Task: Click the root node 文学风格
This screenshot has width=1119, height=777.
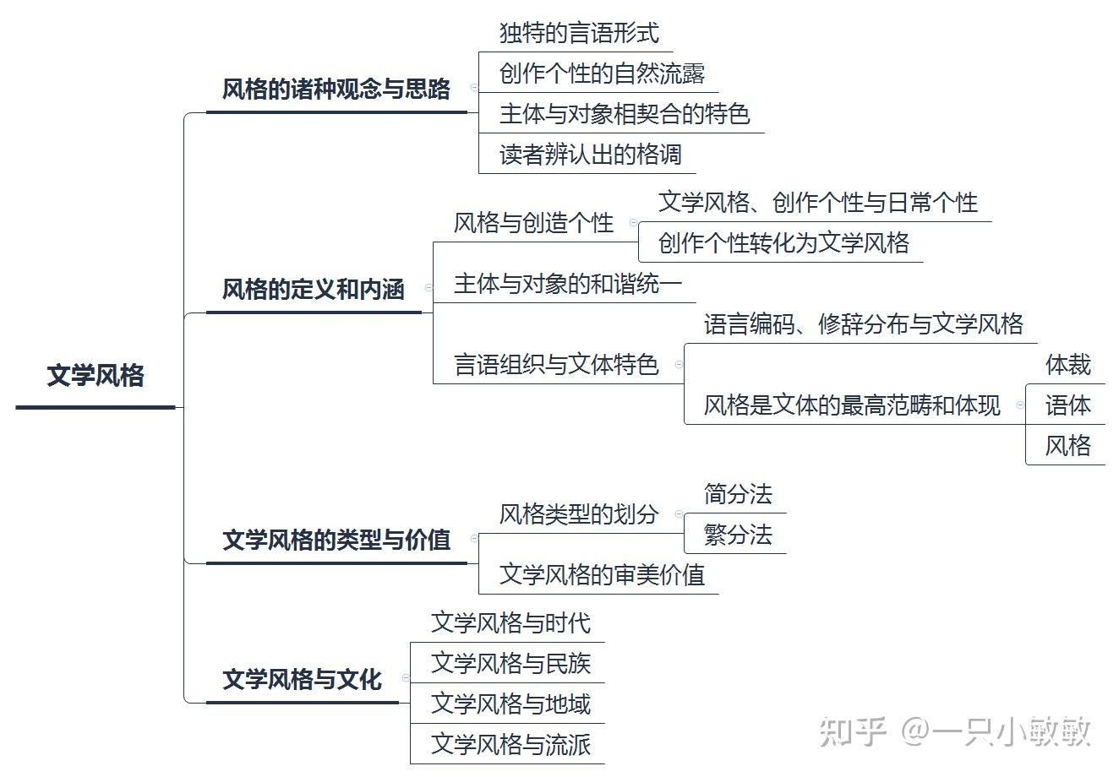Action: [96, 376]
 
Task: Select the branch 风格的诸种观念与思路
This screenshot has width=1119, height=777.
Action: [336, 90]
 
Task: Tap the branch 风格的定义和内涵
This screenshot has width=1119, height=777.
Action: [314, 290]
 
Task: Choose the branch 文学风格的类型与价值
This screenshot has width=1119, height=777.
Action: [336, 541]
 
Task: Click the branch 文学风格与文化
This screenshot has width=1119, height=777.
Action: [302, 680]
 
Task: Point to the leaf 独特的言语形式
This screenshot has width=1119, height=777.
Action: [579, 34]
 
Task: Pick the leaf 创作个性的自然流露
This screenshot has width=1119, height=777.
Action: [602, 74]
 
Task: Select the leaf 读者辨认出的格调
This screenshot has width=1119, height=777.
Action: [590, 155]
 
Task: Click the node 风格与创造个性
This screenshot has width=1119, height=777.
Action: [533, 224]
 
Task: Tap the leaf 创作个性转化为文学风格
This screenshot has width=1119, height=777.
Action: [783, 244]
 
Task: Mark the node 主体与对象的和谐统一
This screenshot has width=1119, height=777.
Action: [567, 284]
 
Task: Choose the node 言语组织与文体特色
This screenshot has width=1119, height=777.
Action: [556, 365]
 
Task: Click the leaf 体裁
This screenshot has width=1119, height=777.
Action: [1067, 365]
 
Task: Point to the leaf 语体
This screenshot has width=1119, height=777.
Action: [1067, 405]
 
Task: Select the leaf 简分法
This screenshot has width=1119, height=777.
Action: [738, 494]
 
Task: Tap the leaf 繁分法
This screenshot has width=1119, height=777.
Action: [738, 535]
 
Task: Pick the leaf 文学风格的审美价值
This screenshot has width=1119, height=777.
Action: [602, 575]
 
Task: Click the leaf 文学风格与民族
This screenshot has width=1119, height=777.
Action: [510, 664]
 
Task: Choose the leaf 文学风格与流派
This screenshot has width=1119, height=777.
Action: [510, 745]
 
